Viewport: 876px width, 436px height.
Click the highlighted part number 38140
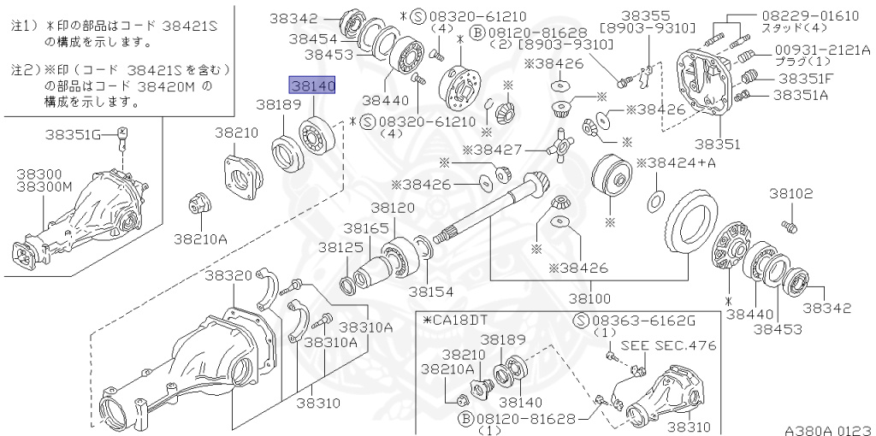(312, 86)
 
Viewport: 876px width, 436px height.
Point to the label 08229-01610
(815, 16)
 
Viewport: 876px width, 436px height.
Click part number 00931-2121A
(822, 50)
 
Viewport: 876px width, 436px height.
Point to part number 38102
(790, 194)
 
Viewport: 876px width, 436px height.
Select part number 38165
(366, 228)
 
